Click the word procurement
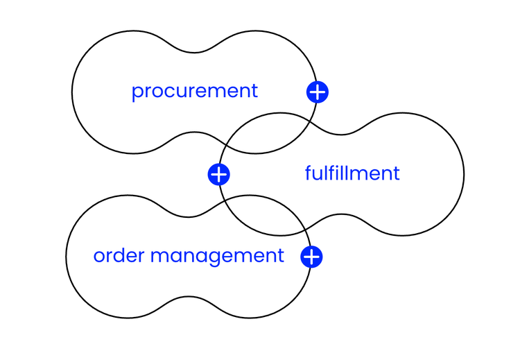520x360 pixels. coord(194,91)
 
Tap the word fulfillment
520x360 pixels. coord(352,173)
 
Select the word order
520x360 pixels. coord(119,255)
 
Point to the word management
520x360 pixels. coord(217,256)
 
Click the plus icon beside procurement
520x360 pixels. coord(317,92)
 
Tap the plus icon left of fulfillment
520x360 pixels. coord(218,174)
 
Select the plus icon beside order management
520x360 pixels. coord(311,257)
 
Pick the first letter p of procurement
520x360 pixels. coord(137,92)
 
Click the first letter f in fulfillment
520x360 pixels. coord(309,172)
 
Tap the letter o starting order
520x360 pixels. coord(99,256)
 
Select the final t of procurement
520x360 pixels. coord(254,91)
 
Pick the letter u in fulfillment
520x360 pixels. coord(318,173)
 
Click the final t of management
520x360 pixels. coord(280,255)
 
